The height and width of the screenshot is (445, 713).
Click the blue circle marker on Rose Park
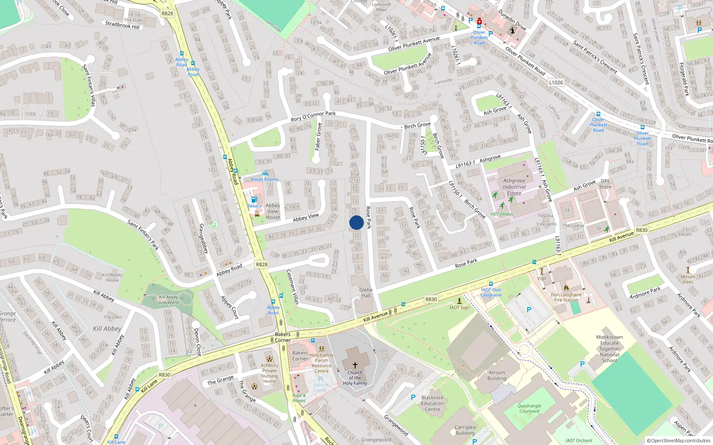coord(356,222)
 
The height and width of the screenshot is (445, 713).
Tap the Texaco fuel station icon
coord(254,200)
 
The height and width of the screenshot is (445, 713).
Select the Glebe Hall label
coord(366,292)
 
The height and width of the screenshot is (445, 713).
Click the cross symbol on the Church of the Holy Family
coord(355,365)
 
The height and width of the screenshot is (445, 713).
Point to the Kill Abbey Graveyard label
coord(168,299)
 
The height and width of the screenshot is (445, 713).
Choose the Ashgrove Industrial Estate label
coord(514,187)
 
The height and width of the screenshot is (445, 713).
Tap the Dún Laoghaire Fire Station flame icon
coord(566,287)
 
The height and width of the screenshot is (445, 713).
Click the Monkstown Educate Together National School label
coord(609,349)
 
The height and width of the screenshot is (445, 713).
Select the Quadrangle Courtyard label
coord(529,409)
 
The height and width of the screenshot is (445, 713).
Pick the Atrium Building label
coord(497,376)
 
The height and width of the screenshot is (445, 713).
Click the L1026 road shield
coord(556,82)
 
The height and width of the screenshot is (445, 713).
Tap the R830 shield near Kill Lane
coord(164,375)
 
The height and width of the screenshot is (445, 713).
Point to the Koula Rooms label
coord(265,179)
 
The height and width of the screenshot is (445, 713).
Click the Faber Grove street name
coord(318,137)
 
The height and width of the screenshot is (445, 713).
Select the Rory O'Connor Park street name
coord(313,116)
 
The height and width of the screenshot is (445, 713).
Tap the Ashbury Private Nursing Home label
coord(270,373)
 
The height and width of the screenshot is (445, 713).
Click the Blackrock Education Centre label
coord(432,403)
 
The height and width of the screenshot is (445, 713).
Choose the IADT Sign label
coord(459,307)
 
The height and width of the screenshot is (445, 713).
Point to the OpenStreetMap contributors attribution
coord(679,441)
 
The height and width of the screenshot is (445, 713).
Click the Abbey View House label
coord(273,211)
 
